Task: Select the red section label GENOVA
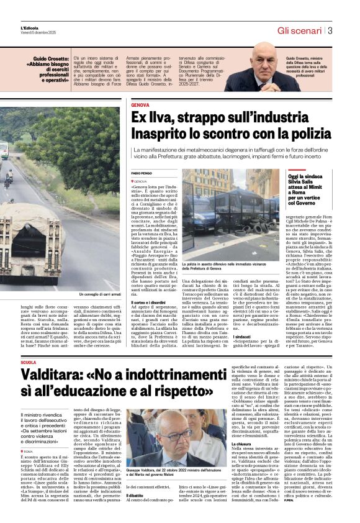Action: [x=140, y=106]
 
